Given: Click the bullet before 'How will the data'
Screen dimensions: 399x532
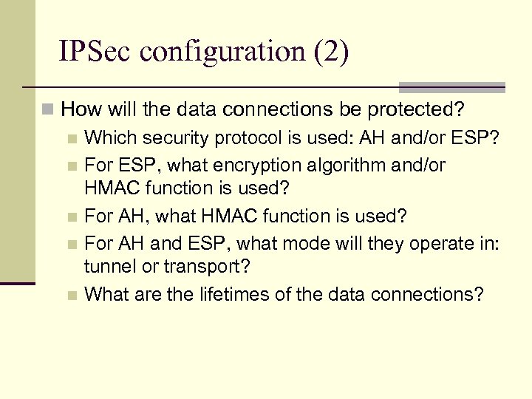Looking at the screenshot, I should pos(49,111).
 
